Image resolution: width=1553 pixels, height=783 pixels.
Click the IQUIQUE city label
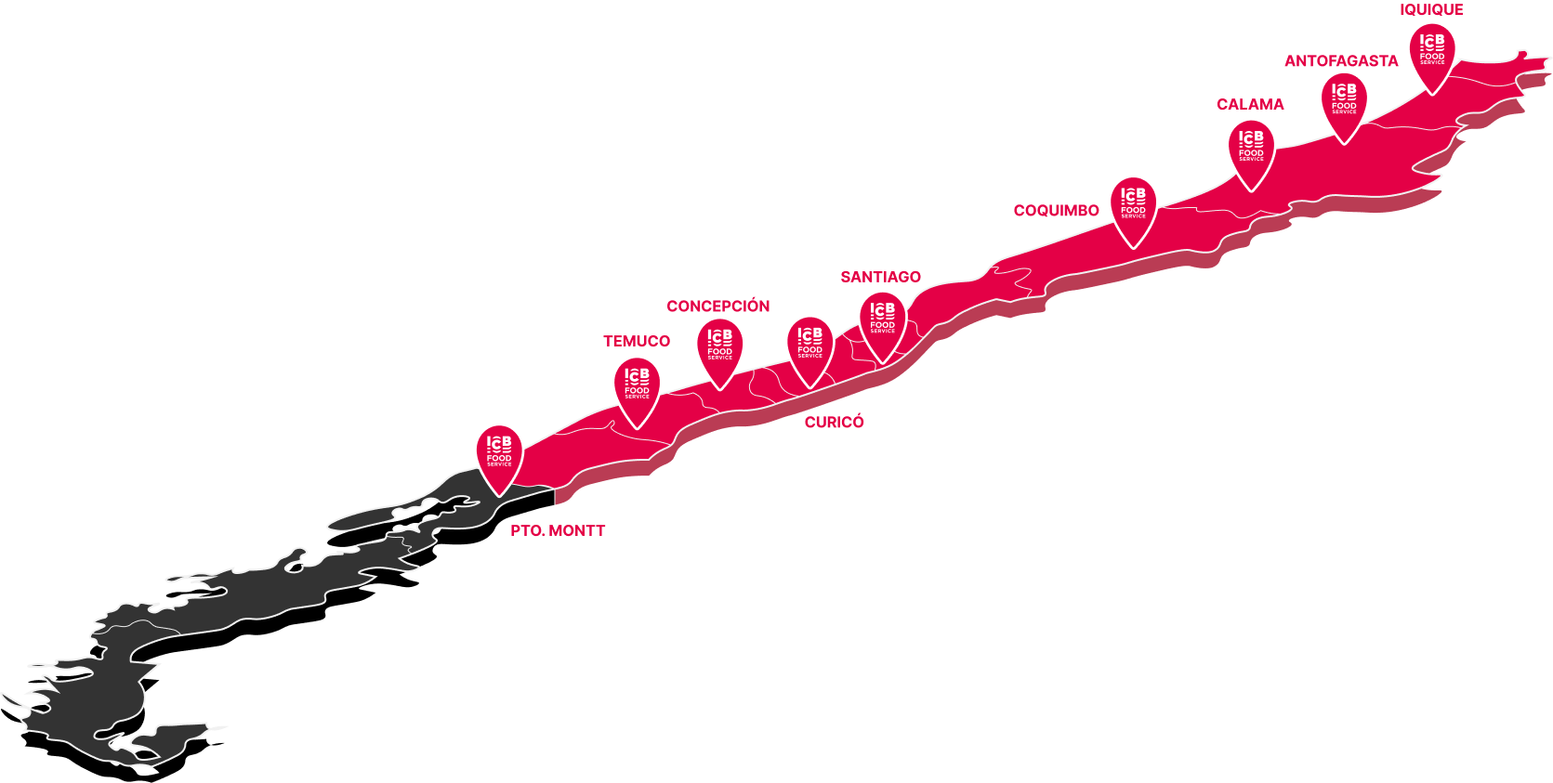1431,9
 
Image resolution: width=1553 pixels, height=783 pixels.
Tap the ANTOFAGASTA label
1341,61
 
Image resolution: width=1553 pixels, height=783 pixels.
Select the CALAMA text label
1250,105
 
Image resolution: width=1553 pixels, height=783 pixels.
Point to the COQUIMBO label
1056,211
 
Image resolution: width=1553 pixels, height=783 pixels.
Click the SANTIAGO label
880,277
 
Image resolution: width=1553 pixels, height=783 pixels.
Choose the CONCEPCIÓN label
717,307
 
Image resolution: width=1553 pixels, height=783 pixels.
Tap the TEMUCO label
637,341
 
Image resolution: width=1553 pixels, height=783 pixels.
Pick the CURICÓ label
834,422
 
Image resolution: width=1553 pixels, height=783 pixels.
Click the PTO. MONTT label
558,530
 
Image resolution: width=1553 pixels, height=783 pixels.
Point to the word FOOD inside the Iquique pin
1431,57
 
